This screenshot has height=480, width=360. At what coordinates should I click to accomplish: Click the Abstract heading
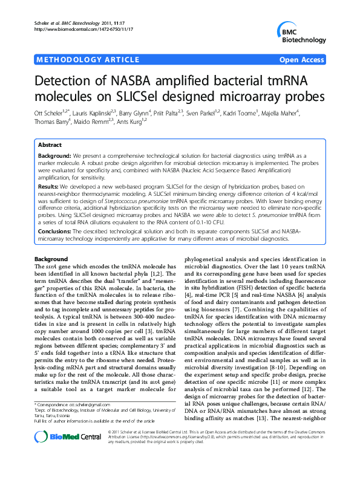tap(50, 146)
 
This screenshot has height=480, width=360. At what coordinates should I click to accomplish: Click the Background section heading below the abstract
tap(51, 259)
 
